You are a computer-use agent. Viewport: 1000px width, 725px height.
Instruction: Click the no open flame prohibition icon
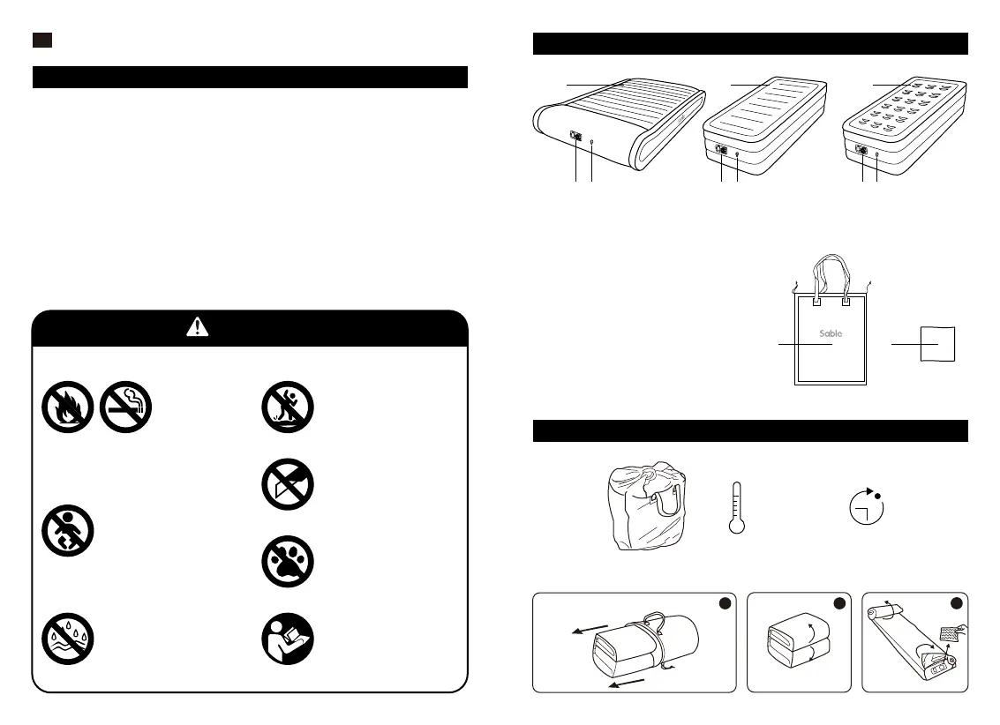[67, 407]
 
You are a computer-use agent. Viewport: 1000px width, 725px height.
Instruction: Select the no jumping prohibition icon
[288, 407]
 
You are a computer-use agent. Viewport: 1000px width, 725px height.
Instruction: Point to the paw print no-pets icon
[288, 562]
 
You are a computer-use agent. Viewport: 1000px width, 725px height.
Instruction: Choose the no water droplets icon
[67, 638]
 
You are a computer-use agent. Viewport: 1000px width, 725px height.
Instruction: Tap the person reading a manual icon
[288, 639]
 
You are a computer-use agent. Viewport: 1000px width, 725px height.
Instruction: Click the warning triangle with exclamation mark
[198, 327]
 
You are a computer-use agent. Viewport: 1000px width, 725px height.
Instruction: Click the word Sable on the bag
[830, 333]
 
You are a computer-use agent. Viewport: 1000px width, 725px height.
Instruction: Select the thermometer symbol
[737, 508]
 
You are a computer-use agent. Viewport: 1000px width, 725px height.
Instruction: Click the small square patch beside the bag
[940, 343]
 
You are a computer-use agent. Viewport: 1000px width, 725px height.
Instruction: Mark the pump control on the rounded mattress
[576, 137]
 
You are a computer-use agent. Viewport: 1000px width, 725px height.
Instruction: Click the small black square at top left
[43, 40]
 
